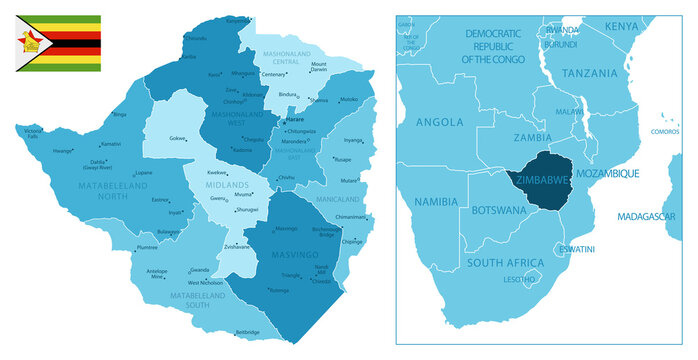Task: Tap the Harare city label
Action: (x=294, y=120)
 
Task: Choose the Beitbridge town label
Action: (x=247, y=332)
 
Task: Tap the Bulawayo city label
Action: (x=167, y=231)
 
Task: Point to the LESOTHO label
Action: (x=519, y=280)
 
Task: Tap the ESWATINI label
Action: (x=577, y=248)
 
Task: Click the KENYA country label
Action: (x=621, y=25)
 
